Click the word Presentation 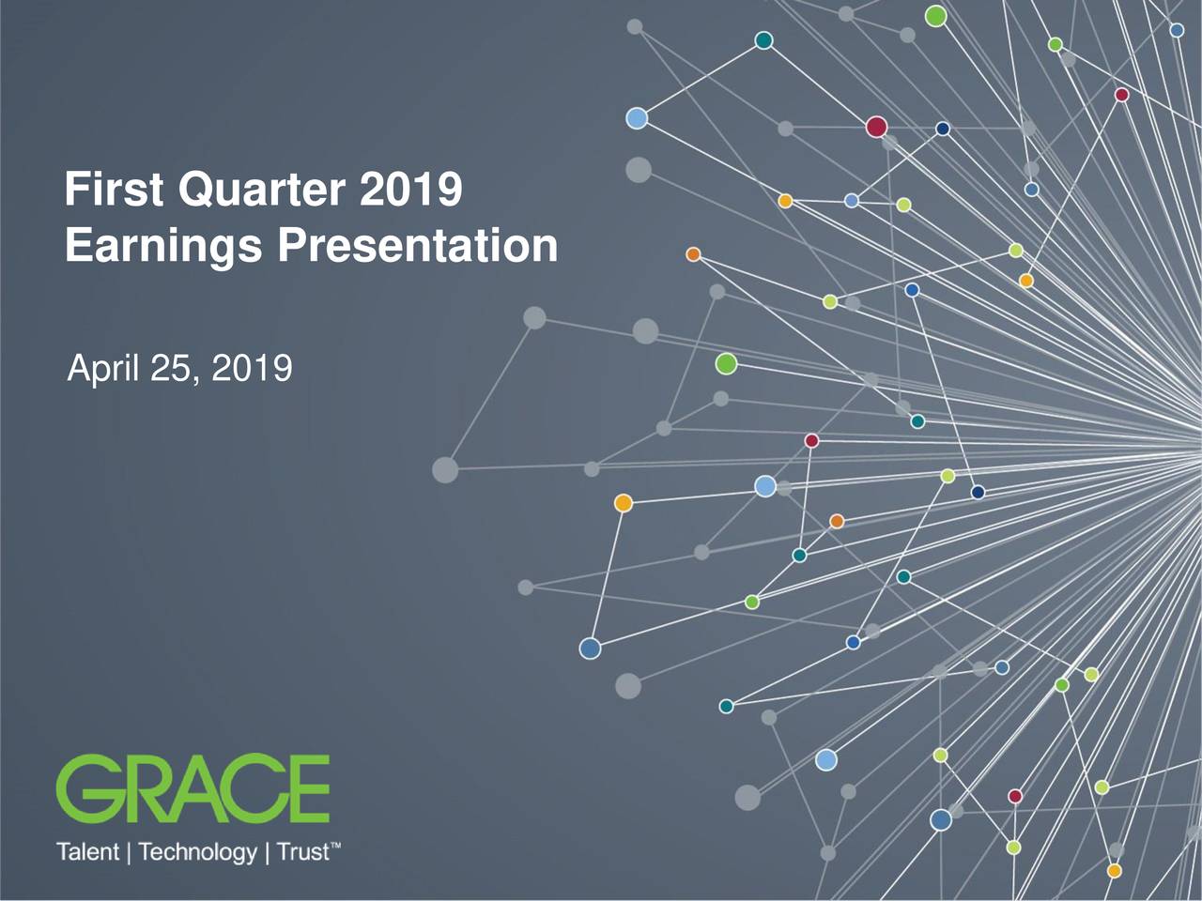417,246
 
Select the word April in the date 102,369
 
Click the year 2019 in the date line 252,369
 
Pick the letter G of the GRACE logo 85,788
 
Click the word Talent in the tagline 87,852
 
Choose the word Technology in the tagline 197,852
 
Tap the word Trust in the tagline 302,852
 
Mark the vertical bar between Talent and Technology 129,852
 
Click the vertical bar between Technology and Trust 267,852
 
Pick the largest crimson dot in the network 876,127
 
